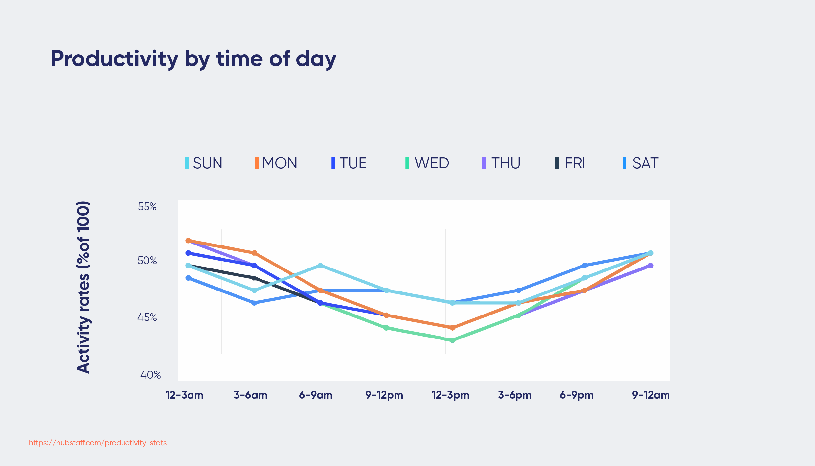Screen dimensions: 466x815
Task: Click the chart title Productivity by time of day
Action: (193, 59)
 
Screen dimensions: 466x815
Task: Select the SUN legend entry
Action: (204, 163)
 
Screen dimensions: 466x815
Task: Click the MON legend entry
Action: (276, 163)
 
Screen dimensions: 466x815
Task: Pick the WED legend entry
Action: (427, 163)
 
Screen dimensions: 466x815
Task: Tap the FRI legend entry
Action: (571, 163)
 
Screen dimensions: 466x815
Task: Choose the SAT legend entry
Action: (641, 163)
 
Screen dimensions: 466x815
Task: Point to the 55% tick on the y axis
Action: (147, 207)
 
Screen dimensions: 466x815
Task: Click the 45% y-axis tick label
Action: (147, 317)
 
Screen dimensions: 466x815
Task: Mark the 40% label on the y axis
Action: (150, 375)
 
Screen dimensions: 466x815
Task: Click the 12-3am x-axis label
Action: (185, 395)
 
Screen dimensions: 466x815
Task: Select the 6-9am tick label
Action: (316, 395)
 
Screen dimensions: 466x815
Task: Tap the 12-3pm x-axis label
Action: (450, 395)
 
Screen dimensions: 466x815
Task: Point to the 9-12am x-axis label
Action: (651, 395)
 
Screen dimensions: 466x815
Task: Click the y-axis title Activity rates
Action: (83, 287)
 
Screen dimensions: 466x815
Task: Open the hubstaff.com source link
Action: (98, 443)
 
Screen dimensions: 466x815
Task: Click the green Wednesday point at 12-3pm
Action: (453, 340)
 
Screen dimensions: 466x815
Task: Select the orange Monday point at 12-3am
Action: (188, 241)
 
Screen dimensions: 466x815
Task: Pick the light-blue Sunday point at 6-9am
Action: (320, 266)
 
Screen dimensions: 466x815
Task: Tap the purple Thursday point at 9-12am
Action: (650, 266)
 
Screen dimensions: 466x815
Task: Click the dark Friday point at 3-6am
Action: (254, 278)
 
